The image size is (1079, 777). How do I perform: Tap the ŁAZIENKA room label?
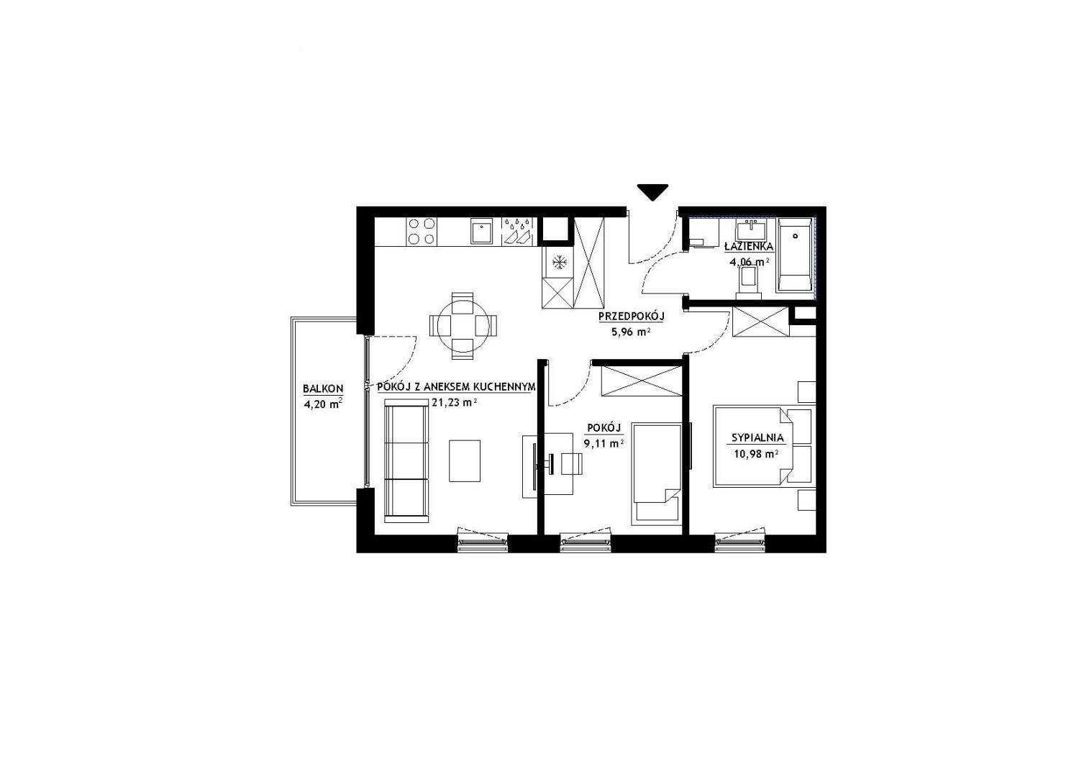(x=749, y=247)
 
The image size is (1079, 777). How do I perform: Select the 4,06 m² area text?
(x=749, y=262)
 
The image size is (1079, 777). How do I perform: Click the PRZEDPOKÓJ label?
(x=631, y=317)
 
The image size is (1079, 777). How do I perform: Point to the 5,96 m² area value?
(x=632, y=332)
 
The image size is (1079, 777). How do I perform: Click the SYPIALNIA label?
(x=757, y=438)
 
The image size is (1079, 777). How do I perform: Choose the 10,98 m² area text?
(x=757, y=454)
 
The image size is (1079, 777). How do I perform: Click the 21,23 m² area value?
(x=455, y=403)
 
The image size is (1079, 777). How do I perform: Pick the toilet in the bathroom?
(x=748, y=283)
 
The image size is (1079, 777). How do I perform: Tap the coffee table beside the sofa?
(x=465, y=461)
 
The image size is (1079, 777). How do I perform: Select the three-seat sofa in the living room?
(x=406, y=461)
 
